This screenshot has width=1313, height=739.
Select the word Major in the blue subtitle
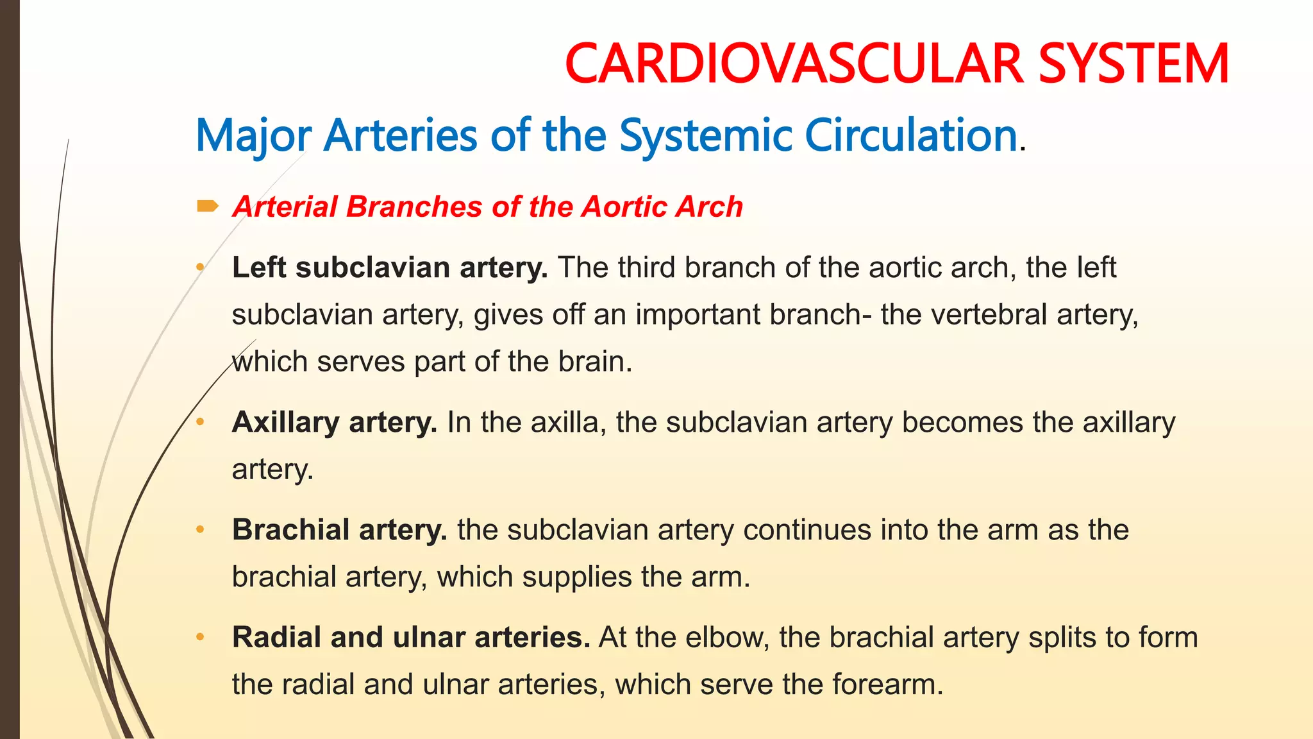click(253, 136)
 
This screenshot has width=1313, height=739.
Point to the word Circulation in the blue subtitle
click(910, 135)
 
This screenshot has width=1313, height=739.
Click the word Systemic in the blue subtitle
click(706, 136)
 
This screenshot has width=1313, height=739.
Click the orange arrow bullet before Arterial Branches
click(207, 206)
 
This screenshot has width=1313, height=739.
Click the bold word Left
click(258, 267)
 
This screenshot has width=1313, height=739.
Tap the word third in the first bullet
click(646, 267)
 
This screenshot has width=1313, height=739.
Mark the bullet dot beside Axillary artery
click(200, 421)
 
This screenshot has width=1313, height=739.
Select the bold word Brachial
click(290, 530)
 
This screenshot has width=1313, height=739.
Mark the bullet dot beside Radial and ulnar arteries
click(200, 637)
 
